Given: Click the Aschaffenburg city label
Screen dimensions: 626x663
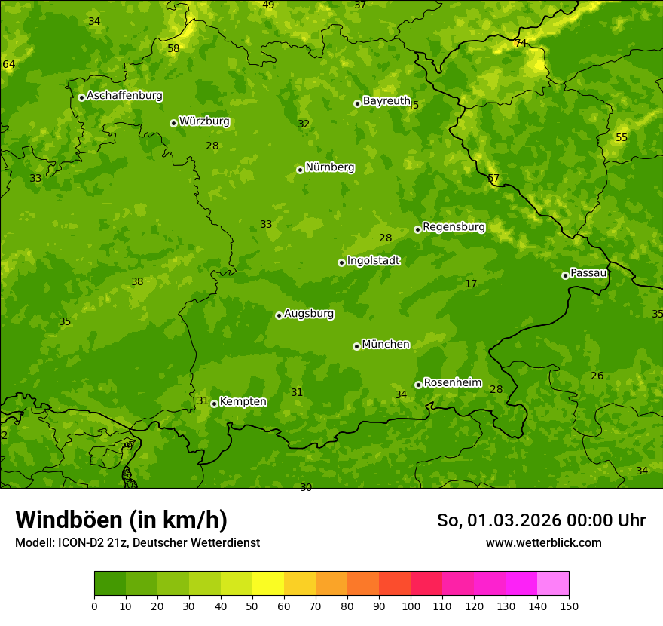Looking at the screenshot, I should point(124,96).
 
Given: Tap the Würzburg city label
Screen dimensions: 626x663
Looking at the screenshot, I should point(204,121).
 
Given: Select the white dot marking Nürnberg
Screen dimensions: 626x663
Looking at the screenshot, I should point(300,170).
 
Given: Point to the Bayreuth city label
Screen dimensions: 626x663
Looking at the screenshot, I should point(386,101).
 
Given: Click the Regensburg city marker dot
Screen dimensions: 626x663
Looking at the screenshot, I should point(417,229).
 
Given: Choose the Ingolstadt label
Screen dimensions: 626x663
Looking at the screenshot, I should point(373,261).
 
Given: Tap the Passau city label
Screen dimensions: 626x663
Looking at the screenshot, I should point(588,273).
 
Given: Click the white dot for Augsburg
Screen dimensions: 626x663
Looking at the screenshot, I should point(279,315).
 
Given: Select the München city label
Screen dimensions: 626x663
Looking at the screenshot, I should point(386,345).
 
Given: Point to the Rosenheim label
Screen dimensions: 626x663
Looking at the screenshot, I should point(452,383).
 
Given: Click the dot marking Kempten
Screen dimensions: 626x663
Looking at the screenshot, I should point(214,404).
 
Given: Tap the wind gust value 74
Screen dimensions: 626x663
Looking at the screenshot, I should point(521,43).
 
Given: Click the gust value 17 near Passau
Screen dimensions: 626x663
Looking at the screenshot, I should point(471,284).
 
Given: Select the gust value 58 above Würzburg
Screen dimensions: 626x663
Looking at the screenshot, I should point(173,49).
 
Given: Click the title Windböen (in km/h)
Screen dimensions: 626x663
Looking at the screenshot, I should point(121,520).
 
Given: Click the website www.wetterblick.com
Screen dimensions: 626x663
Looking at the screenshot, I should point(543,542).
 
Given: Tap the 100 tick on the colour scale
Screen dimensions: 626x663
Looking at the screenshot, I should point(411,606).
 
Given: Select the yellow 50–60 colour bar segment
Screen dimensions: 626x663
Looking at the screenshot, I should point(268,584).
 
